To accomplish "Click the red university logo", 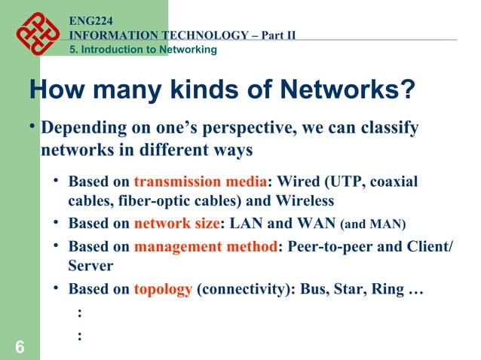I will click(x=36, y=32).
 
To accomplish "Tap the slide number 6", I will click(x=19, y=346).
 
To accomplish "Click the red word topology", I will click(x=163, y=289).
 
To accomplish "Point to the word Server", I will click(x=90, y=266).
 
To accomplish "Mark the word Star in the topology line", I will click(x=341, y=289).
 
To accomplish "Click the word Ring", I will click(x=380, y=289).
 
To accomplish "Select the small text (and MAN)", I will click(x=373, y=224).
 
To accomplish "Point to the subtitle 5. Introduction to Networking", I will click(x=142, y=50).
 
